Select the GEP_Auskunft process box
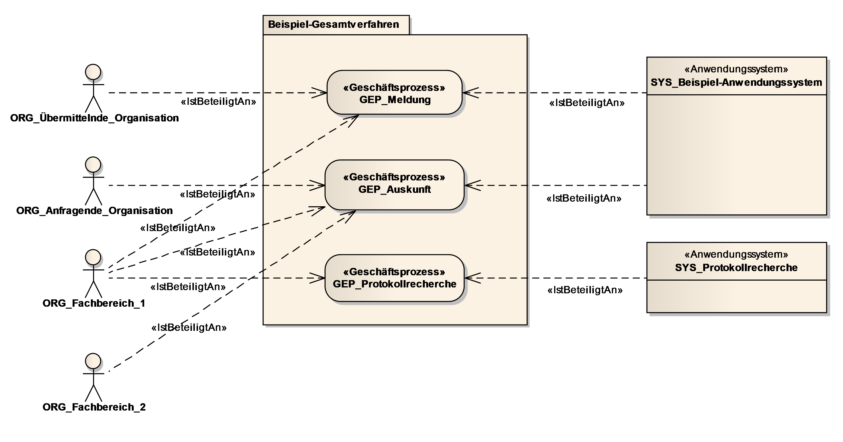pyautogui.click(x=394, y=185)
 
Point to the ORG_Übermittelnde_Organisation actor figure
pyautogui.click(x=94, y=88)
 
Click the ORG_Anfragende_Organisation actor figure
pyautogui.click(x=94, y=181)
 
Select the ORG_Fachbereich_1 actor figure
pyautogui.click(x=94, y=274)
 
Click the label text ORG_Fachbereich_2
pyautogui.click(x=94, y=407)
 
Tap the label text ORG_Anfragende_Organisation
pyautogui.click(x=95, y=210)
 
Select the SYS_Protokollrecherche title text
pyautogui.click(x=736, y=268)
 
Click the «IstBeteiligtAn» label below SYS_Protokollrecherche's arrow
pyautogui.click(x=585, y=290)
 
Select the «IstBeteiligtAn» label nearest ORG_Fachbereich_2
pyautogui.click(x=189, y=327)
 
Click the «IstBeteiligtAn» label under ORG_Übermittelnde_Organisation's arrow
pyautogui.click(x=218, y=102)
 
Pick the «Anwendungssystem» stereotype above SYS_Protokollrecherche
pyautogui.click(x=736, y=254)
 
